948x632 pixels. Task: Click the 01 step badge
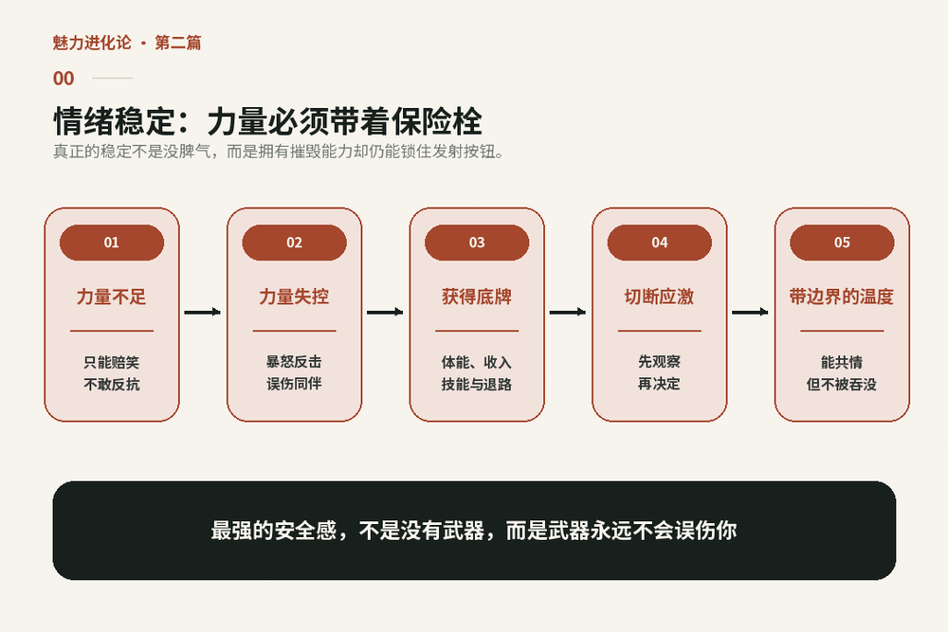112,243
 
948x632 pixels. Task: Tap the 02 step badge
295,243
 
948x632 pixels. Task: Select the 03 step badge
477,243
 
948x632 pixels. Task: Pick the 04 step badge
660,243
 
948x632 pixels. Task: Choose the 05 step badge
842,243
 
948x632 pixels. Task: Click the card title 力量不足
112,297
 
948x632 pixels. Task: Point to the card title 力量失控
295,297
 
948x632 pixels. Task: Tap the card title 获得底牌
477,297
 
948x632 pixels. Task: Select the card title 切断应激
660,297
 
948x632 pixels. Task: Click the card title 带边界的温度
842,297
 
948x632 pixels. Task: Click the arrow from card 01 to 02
203,313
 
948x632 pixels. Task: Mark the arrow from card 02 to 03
385,313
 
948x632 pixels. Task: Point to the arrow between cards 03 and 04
568,313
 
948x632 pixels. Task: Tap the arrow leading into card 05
750,313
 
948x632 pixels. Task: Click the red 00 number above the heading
64,79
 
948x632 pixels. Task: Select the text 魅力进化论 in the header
92,43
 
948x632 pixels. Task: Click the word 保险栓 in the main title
436,121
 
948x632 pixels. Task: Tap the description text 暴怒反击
295,362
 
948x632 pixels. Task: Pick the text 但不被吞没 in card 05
842,385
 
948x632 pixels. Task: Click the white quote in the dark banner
474,531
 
